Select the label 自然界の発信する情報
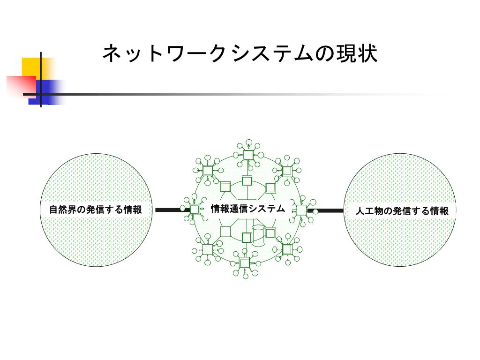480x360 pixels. tap(96, 210)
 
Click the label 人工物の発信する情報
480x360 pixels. tap(402, 211)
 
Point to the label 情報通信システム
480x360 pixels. tap(247, 209)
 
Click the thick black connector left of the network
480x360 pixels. tap(168, 210)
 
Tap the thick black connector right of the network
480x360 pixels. tap(328, 210)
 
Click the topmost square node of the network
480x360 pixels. tap(248, 155)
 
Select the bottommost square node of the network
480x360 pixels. tap(244, 262)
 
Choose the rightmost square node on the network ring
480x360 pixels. tap(301, 210)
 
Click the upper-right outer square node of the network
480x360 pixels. tap(287, 171)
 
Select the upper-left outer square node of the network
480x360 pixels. tap(207, 170)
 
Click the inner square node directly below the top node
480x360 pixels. tap(247, 180)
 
